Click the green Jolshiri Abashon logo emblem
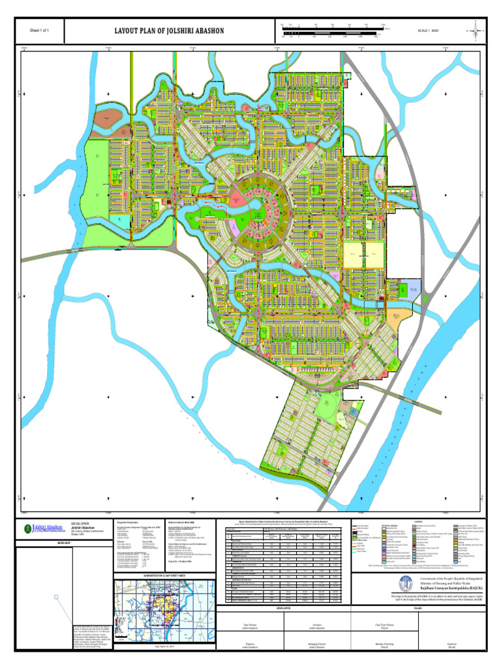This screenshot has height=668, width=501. point(27,528)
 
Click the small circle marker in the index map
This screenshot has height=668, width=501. point(57,596)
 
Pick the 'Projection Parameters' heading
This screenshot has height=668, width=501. point(128,523)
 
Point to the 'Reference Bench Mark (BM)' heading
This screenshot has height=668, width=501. point(185,523)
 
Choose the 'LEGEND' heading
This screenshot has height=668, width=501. point(417,521)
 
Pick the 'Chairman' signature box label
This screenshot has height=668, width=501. point(451,643)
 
